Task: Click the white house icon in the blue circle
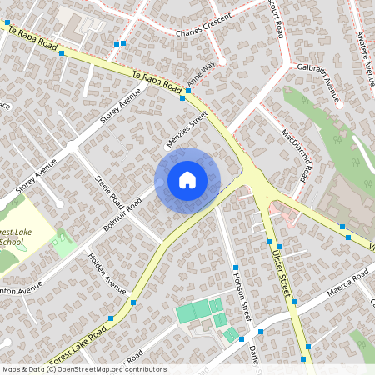coord(187,180)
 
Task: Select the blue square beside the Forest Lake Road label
coord(111,319)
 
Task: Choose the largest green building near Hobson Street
coord(193,312)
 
